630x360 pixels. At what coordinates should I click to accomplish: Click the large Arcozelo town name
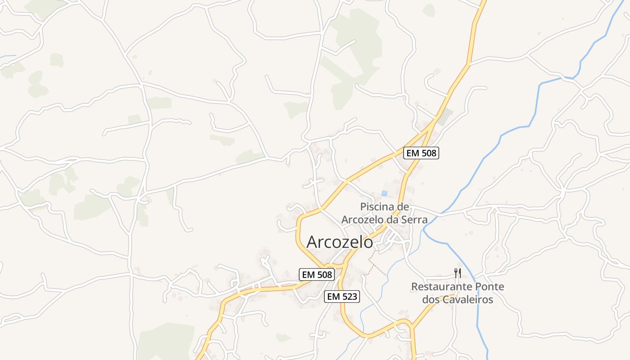point(340,242)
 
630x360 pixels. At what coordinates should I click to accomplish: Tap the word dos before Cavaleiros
point(431,299)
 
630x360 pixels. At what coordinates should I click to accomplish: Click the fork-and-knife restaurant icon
point(458,273)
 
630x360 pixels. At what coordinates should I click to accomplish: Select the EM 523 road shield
point(342,296)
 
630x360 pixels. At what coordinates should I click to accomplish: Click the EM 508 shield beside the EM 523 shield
point(317,274)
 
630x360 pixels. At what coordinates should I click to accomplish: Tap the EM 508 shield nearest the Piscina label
point(421,153)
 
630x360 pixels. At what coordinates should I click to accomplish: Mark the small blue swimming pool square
point(384,193)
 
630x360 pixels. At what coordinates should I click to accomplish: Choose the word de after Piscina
point(404,207)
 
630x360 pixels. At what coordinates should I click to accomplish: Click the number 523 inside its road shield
point(349,296)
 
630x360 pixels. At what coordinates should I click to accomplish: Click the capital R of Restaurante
point(415,287)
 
